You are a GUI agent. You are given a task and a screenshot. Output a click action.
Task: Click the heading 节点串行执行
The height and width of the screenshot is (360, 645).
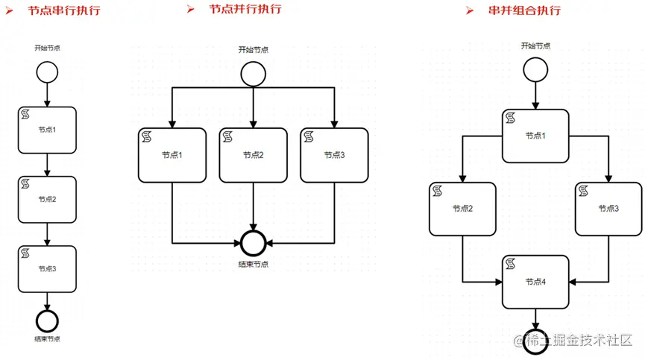coord(63,11)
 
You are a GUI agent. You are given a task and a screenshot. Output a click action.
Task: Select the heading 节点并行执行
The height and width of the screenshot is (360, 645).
coord(245,10)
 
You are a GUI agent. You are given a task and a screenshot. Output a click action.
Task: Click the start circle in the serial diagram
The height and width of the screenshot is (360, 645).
coord(47,72)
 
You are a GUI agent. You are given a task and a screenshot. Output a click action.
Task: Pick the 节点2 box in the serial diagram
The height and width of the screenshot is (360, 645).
coord(47,199)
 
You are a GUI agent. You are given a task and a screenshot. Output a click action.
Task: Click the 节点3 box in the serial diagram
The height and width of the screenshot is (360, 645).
coord(47,268)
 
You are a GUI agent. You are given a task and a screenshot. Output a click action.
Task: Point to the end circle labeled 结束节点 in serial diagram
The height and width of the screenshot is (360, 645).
coord(47,321)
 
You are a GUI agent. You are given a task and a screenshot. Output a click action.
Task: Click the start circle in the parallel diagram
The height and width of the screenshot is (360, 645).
coord(254,73)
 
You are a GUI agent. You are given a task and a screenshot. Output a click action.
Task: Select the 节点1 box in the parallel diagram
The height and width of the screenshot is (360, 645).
coord(172,155)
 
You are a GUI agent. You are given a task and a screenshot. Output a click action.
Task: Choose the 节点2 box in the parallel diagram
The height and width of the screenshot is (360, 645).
coord(254,155)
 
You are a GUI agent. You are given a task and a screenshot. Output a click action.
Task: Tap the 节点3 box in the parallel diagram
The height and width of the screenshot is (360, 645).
coord(335,155)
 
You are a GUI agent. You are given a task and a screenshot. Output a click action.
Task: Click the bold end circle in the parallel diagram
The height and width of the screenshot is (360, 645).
coord(254,242)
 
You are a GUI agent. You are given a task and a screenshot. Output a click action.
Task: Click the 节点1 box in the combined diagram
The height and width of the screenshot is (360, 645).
coord(535,136)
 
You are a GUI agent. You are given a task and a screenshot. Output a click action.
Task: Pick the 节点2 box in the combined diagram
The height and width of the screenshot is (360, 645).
coord(462,209)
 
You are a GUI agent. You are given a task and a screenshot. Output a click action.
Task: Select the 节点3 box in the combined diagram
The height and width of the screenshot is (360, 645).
coord(608,209)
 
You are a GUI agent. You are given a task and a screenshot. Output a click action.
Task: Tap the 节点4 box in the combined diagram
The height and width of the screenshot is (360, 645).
coord(535,282)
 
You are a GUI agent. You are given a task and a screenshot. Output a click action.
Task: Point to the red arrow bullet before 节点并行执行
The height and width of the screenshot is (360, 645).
coord(191,10)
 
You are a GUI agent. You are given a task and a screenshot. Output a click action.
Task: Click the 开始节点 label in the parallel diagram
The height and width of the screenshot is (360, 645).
coord(254,50)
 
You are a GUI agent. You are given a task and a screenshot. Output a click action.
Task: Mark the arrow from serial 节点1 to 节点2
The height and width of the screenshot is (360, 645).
coord(47,165)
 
